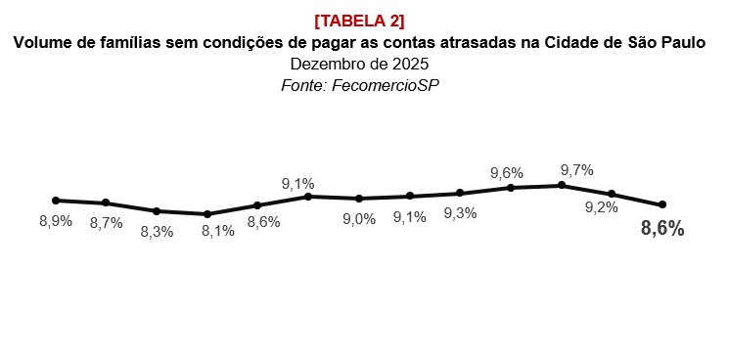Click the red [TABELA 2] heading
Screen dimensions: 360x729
coord(359,21)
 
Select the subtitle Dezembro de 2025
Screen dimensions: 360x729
coord(359,64)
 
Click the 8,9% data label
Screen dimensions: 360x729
coord(56,221)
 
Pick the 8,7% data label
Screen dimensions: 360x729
coord(106,223)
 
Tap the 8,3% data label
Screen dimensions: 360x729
coord(157,232)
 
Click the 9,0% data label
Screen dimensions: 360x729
coord(358,219)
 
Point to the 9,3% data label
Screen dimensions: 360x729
coord(460,213)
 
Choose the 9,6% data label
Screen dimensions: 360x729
coord(506,173)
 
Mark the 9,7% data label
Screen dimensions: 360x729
coord(576,170)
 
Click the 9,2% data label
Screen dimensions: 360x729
coord(601,207)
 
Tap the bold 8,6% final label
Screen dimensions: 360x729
coord(661,230)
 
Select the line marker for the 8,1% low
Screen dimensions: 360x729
coord(207,214)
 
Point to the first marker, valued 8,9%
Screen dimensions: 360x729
coord(56,200)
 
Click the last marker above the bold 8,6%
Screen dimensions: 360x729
coord(662,204)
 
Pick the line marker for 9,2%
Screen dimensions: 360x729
coord(612,194)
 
